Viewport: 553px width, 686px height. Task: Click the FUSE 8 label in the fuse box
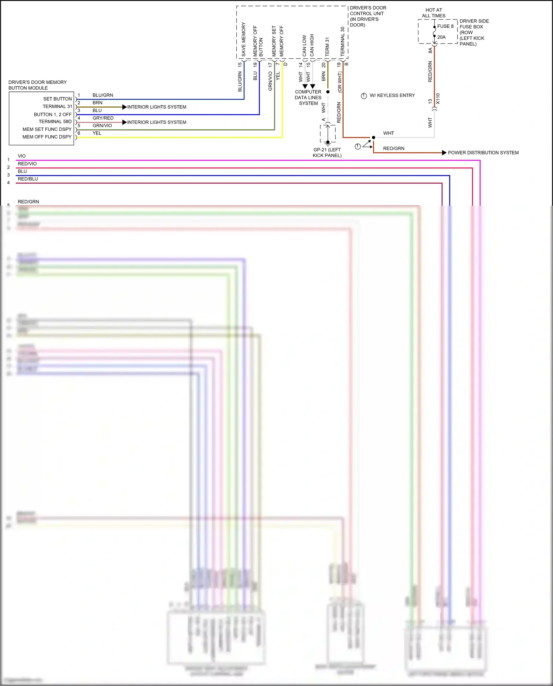[445, 26]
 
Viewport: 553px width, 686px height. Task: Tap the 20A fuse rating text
[441, 37]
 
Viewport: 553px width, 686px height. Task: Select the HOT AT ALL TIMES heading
[434, 13]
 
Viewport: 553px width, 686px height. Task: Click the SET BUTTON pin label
[57, 99]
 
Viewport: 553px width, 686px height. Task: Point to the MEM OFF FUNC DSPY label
[47, 137]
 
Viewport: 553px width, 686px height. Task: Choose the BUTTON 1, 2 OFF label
[52, 114]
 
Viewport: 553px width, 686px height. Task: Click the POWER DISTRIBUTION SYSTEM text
[483, 153]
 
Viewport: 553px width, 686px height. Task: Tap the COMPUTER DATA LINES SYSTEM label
[308, 98]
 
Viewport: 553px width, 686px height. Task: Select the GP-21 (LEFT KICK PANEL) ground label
[327, 153]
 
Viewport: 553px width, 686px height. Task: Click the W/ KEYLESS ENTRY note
[392, 95]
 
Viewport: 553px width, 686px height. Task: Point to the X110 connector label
[438, 99]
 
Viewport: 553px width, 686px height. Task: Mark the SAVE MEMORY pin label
[243, 39]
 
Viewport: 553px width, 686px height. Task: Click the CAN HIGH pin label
[312, 45]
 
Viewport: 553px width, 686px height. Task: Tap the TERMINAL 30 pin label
[342, 41]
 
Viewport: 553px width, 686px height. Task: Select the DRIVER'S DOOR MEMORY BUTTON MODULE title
[37, 85]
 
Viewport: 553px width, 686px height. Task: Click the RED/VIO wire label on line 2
[27, 164]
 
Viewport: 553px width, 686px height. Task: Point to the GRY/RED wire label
[103, 118]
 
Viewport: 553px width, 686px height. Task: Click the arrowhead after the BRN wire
[125, 107]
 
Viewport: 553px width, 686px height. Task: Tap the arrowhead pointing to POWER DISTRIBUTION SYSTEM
[444, 153]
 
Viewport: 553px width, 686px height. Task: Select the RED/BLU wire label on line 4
[28, 179]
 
